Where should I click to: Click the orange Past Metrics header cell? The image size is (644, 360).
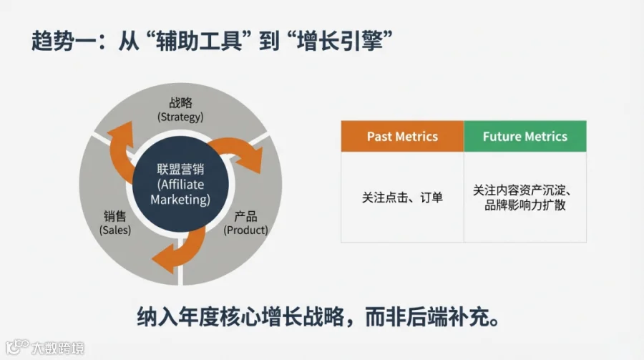click(402, 136)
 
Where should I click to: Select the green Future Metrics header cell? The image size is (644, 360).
click(525, 136)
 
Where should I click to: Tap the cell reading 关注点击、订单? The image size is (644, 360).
click(402, 197)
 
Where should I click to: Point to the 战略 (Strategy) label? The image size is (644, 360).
click(180, 110)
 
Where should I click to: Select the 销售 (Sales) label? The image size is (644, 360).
click(114, 223)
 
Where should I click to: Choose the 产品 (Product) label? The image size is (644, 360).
click(245, 223)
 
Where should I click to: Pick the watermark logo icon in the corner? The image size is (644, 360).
click(16, 347)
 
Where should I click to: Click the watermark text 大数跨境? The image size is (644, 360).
click(57, 349)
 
